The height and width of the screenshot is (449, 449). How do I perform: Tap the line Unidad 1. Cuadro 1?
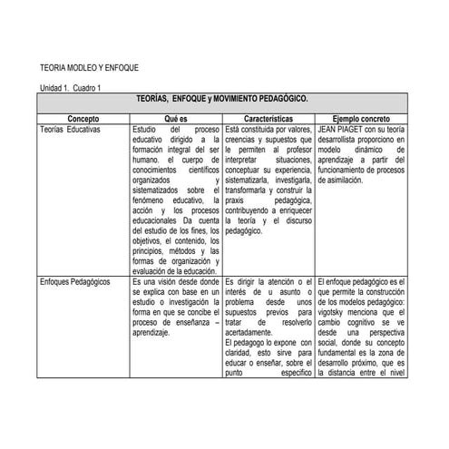click(x=75, y=87)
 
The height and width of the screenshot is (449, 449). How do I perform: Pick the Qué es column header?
click(x=176, y=119)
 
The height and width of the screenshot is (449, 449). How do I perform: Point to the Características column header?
click(x=268, y=119)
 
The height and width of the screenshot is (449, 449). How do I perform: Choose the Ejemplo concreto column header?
click(x=362, y=119)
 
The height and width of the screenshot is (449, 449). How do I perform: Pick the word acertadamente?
click(x=255, y=332)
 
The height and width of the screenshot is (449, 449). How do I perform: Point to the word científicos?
click(x=200, y=170)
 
